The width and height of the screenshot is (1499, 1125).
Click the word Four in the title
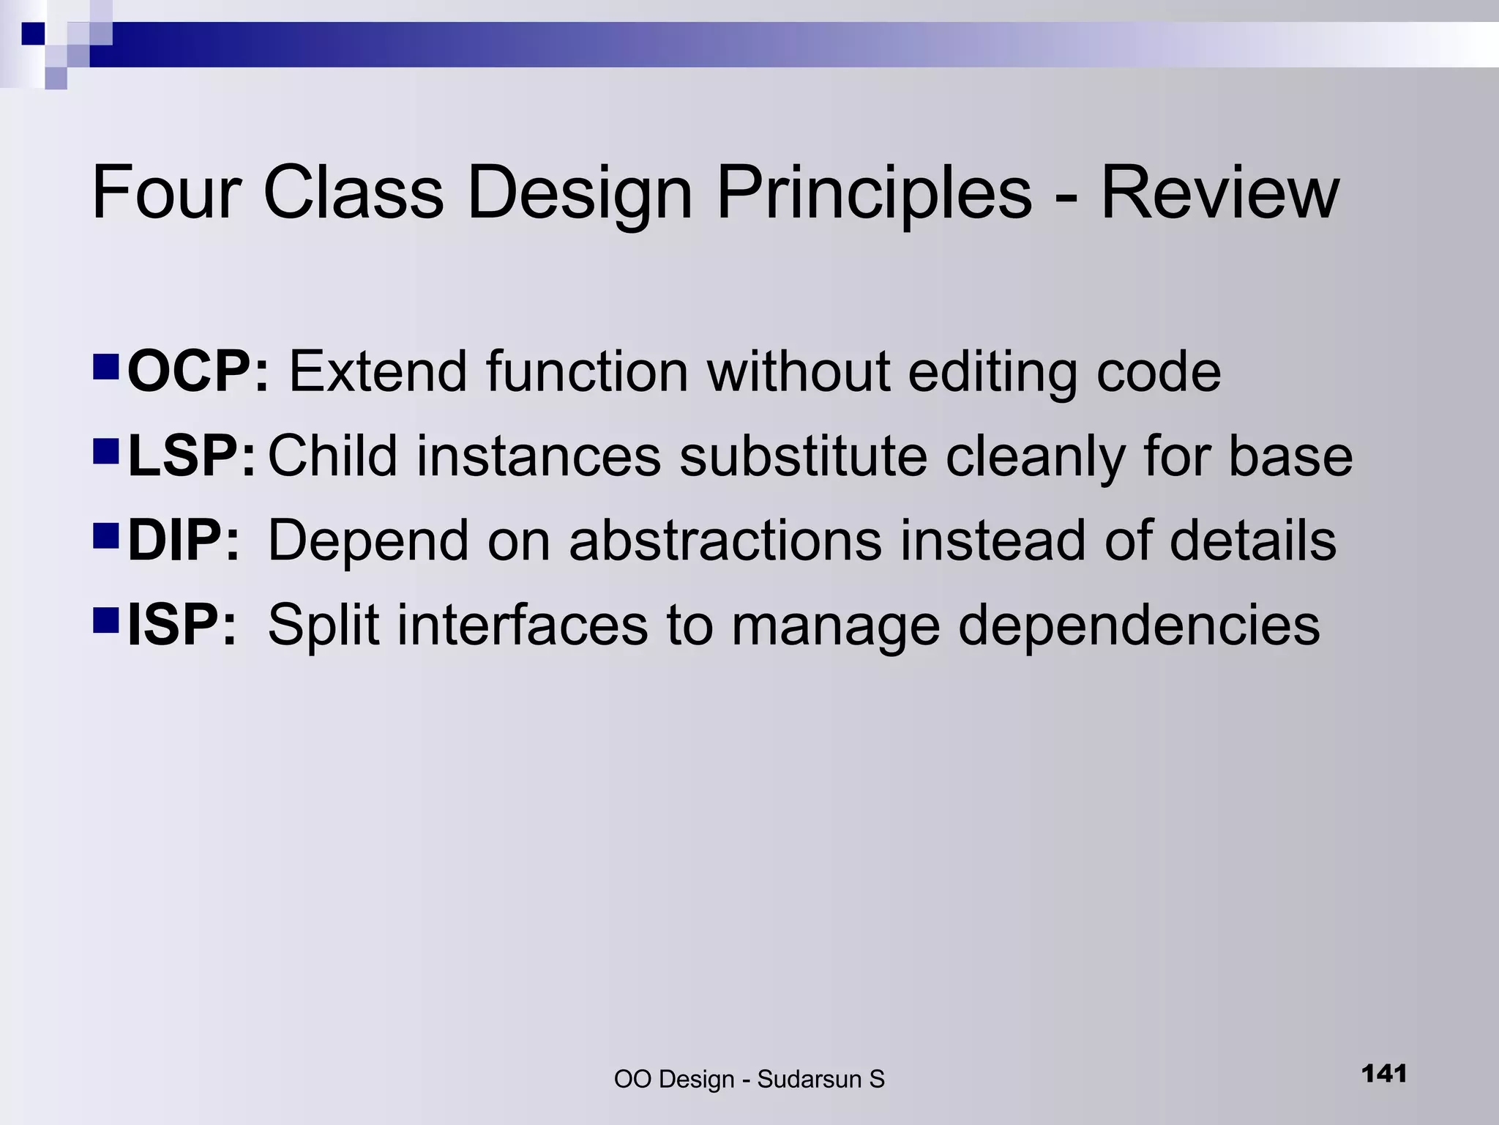pos(167,193)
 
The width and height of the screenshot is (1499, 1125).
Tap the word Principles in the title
pos(874,193)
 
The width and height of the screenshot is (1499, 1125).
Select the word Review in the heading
pos(1219,193)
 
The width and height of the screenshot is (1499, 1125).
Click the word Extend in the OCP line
pos(378,372)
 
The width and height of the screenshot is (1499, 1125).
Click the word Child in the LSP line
pos(333,456)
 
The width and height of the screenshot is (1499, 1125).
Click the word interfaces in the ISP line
pos(523,625)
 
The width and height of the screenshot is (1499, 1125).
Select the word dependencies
pos(1139,625)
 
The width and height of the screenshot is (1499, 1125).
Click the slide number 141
pos(1384,1074)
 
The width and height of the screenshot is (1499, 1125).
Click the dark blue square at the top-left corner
pos(34,34)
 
